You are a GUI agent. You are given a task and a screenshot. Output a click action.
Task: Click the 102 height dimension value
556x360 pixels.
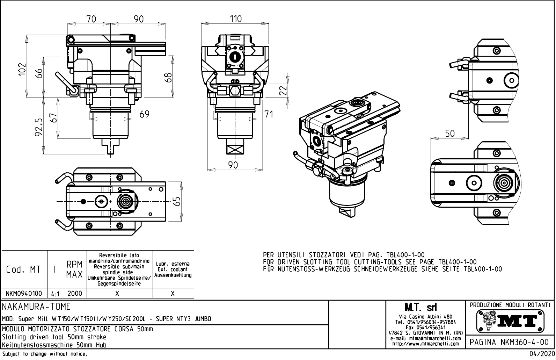pyautogui.click(x=22, y=69)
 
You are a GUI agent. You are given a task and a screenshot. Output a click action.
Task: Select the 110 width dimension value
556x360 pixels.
pyautogui.click(x=235, y=19)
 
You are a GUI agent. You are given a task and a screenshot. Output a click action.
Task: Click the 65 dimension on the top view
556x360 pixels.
pyautogui.click(x=177, y=201)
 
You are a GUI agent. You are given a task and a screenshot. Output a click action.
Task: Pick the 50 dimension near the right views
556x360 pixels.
pyautogui.click(x=450, y=134)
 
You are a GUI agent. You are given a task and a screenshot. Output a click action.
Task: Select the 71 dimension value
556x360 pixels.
pyautogui.click(x=268, y=114)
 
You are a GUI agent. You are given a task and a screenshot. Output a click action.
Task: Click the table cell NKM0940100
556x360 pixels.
pyautogui.click(x=24, y=293)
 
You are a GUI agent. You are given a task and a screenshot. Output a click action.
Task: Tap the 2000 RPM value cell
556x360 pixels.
pyautogui.click(x=75, y=293)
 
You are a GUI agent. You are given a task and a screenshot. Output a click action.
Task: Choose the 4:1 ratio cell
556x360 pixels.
pyautogui.click(x=55, y=294)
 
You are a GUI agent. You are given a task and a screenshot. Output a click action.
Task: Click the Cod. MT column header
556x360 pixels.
pyautogui.click(x=23, y=269)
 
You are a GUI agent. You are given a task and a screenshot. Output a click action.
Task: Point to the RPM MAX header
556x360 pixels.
pyautogui.click(x=75, y=269)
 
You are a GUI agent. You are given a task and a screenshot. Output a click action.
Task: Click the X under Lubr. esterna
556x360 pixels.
pyautogui.click(x=173, y=294)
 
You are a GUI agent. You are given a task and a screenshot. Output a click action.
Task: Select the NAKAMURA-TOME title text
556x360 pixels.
pyautogui.click(x=36, y=307)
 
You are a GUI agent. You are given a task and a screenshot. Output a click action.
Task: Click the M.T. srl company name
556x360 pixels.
pyautogui.click(x=425, y=308)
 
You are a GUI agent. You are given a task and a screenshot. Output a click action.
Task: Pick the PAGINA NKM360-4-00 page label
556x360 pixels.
pyautogui.click(x=510, y=342)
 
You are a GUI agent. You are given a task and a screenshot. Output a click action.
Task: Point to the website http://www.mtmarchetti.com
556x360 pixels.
pyautogui.click(x=425, y=344)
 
